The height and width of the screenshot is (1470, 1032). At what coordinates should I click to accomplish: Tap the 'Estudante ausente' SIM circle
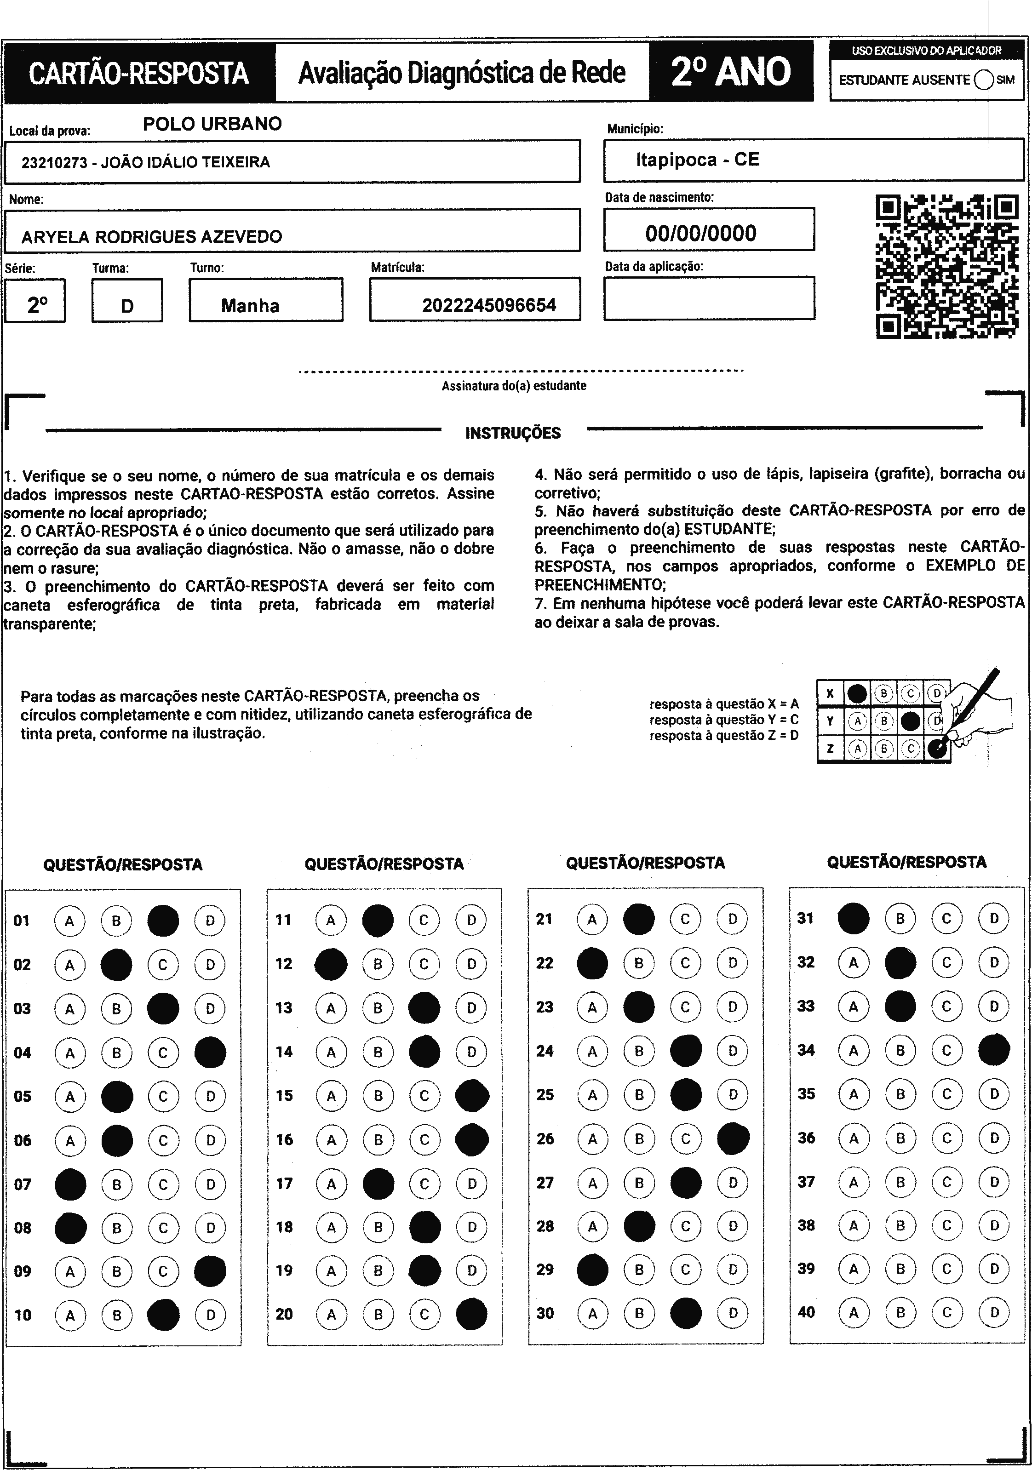tap(983, 80)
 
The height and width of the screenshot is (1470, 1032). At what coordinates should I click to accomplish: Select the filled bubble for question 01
tap(163, 921)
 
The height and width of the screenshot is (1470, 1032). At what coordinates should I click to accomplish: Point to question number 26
tap(545, 1139)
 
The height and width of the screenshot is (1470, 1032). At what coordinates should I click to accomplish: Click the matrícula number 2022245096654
tap(488, 305)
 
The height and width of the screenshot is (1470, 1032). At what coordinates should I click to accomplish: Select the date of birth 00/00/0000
tap(700, 232)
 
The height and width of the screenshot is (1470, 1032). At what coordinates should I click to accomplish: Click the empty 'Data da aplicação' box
tap(709, 298)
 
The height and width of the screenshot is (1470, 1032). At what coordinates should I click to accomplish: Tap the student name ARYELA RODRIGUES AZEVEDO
tap(152, 237)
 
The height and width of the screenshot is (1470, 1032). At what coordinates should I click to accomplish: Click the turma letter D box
tap(127, 306)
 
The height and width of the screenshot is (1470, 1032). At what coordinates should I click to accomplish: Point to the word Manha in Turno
tap(250, 305)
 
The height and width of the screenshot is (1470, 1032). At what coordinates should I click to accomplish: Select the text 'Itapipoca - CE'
tap(697, 160)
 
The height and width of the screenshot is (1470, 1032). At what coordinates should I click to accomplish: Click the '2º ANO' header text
tap(730, 71)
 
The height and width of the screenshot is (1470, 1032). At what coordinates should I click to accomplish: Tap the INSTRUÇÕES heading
tap(513, 434)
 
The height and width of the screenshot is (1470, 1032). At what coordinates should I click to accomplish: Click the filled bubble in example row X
tap(857, 693)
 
